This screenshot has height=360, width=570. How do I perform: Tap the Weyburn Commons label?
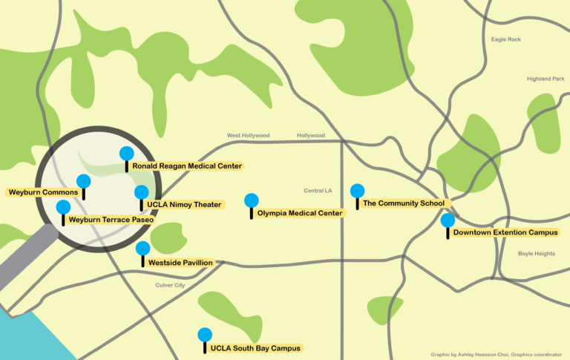coord(43,192)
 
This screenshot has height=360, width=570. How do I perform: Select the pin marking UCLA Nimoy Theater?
coord(141,192)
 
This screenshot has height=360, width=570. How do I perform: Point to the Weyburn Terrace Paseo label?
coord(110,220)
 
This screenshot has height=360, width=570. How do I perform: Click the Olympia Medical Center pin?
coord(252,200)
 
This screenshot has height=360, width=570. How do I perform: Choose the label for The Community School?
coord(403,203)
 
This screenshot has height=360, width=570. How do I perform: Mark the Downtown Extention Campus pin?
coord(448,220)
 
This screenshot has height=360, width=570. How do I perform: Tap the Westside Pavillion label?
coord(180,263)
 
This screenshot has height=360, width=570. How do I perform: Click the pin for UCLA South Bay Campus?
coord(205,335)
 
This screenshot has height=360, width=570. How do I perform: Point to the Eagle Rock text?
coord(506,39)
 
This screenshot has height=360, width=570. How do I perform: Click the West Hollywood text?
coord(248,136)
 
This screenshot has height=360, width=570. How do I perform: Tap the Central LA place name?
coord(318,191)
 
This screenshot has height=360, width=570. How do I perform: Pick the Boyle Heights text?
coord(536,254)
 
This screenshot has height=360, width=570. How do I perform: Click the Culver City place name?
coord(170,285)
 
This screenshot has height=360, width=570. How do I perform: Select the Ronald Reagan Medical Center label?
coord(187,166)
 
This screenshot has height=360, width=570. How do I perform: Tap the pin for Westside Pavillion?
coord(142,249)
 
